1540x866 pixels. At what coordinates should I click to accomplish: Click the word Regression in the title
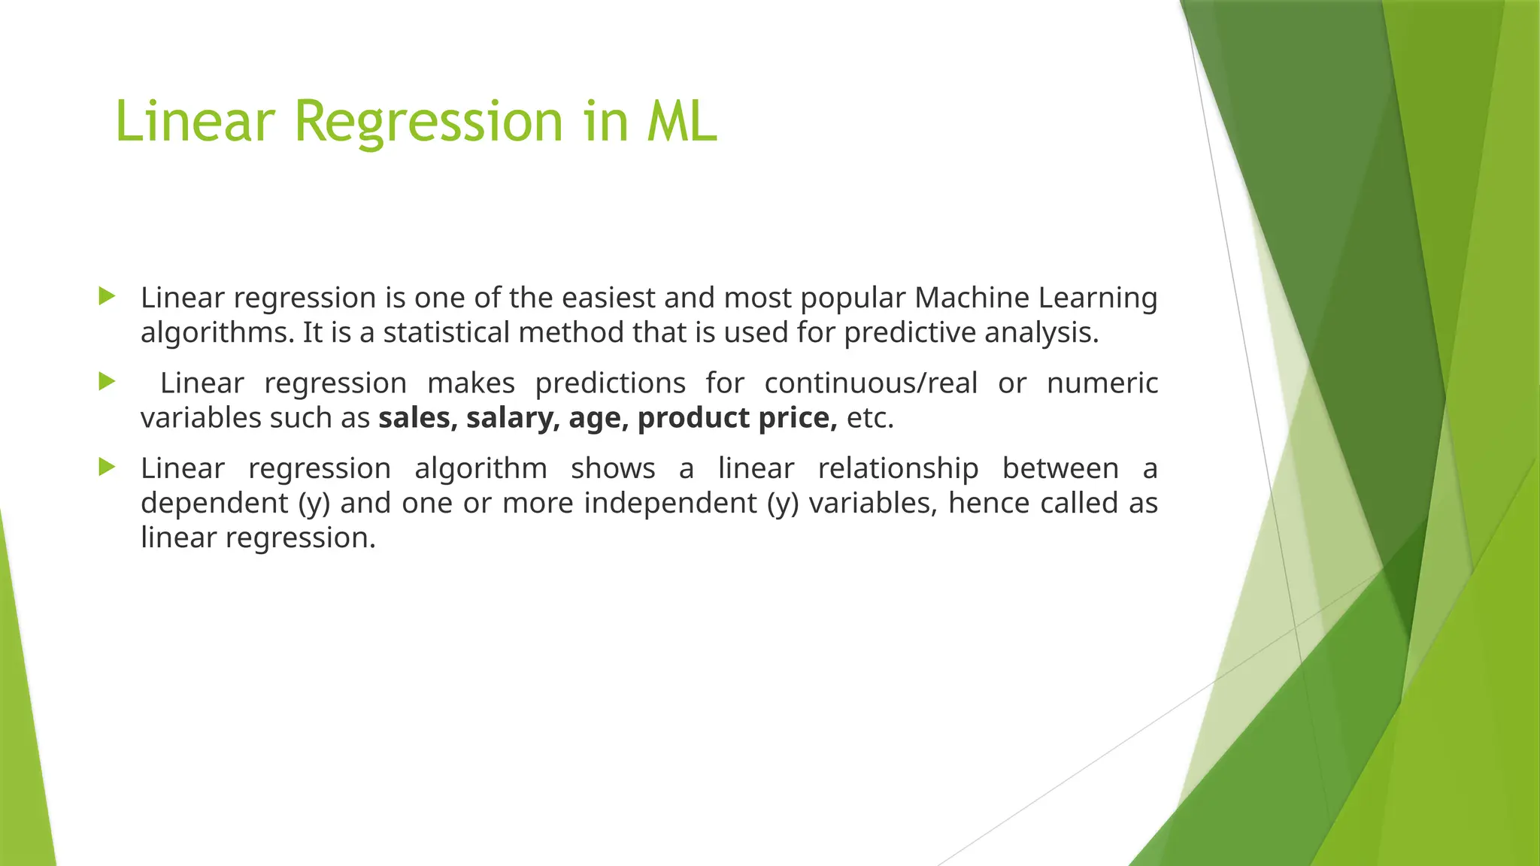pyautogui.click(x=429, y=122)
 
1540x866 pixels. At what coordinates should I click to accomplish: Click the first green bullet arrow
pyautogui.click(x=107, y=296)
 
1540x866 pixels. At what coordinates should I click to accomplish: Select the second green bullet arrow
pyautogui.click(x=107, y=382)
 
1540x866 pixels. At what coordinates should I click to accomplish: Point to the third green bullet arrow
pyautogui.click(x=107, y=468)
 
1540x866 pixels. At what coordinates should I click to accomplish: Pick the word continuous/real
pyautogui.click(x=871, y=383)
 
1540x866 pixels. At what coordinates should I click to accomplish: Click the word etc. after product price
pyautogui.click(x=870, y=418)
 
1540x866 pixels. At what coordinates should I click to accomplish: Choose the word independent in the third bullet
pyautogui.click(x=670, y=503)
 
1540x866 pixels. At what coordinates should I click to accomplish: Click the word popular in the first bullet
pyautogui.click(x=853, y=298)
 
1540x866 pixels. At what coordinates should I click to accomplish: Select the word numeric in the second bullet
pyautogui.click(x=1102, y=383)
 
